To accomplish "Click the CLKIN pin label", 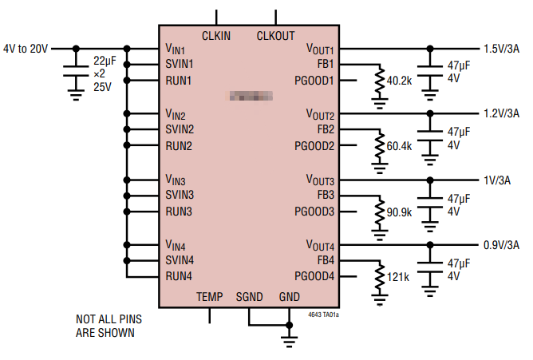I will [216, 36].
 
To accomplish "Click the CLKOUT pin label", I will [275, 36].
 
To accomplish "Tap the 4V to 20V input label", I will [26, 48].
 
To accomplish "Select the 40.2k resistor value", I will [399, 81].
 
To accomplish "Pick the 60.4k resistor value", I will [399, 146].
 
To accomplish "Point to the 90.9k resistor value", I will [399, 212].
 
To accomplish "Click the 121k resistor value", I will [397, 277].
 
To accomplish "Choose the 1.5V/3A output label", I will [501, 48].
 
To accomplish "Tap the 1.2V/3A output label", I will [501, 113].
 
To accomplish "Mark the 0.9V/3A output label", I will [501, 245].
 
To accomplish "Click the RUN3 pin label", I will [179, 212].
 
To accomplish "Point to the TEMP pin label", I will [210, 297].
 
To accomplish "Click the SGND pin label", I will [249, 297].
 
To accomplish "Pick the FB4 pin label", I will [325, 260].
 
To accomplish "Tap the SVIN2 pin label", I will [180, 129].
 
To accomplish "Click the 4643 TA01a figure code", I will [324, 315].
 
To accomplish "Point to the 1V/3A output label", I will [496, 180].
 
